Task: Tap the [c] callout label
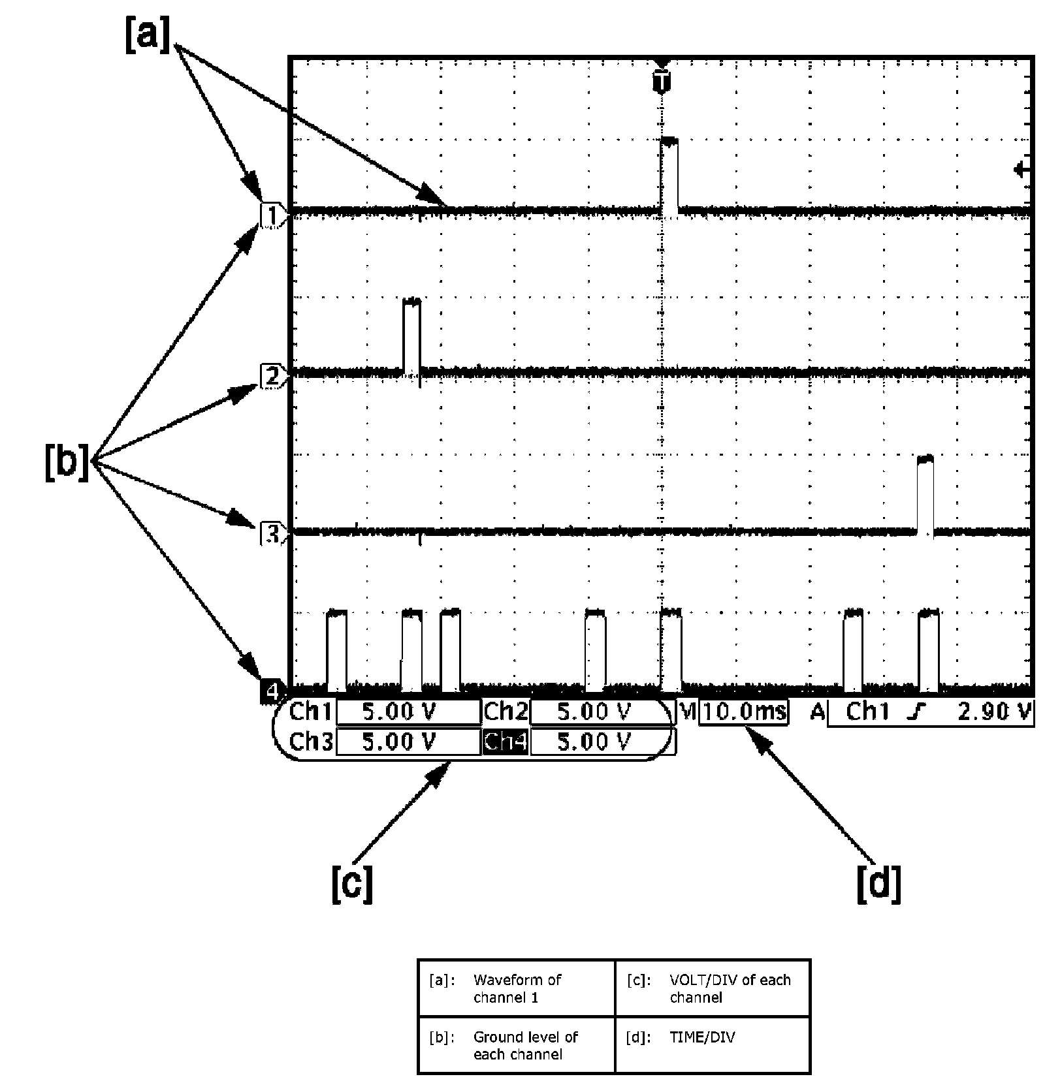pos(352,884)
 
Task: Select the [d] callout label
pos(878,884)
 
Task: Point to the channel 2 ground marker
pos(271,377)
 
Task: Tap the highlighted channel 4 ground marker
pos(271,690)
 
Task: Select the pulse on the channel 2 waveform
pos(411,336)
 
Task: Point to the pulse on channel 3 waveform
pos(925,495)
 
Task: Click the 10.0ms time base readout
pos(744,712)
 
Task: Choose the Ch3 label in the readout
pos(310,742)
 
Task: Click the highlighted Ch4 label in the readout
pos(505,742)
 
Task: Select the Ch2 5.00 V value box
pos(594,712)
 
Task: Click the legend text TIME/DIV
pos(702,1037)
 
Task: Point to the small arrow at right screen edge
pos(1021,170)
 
